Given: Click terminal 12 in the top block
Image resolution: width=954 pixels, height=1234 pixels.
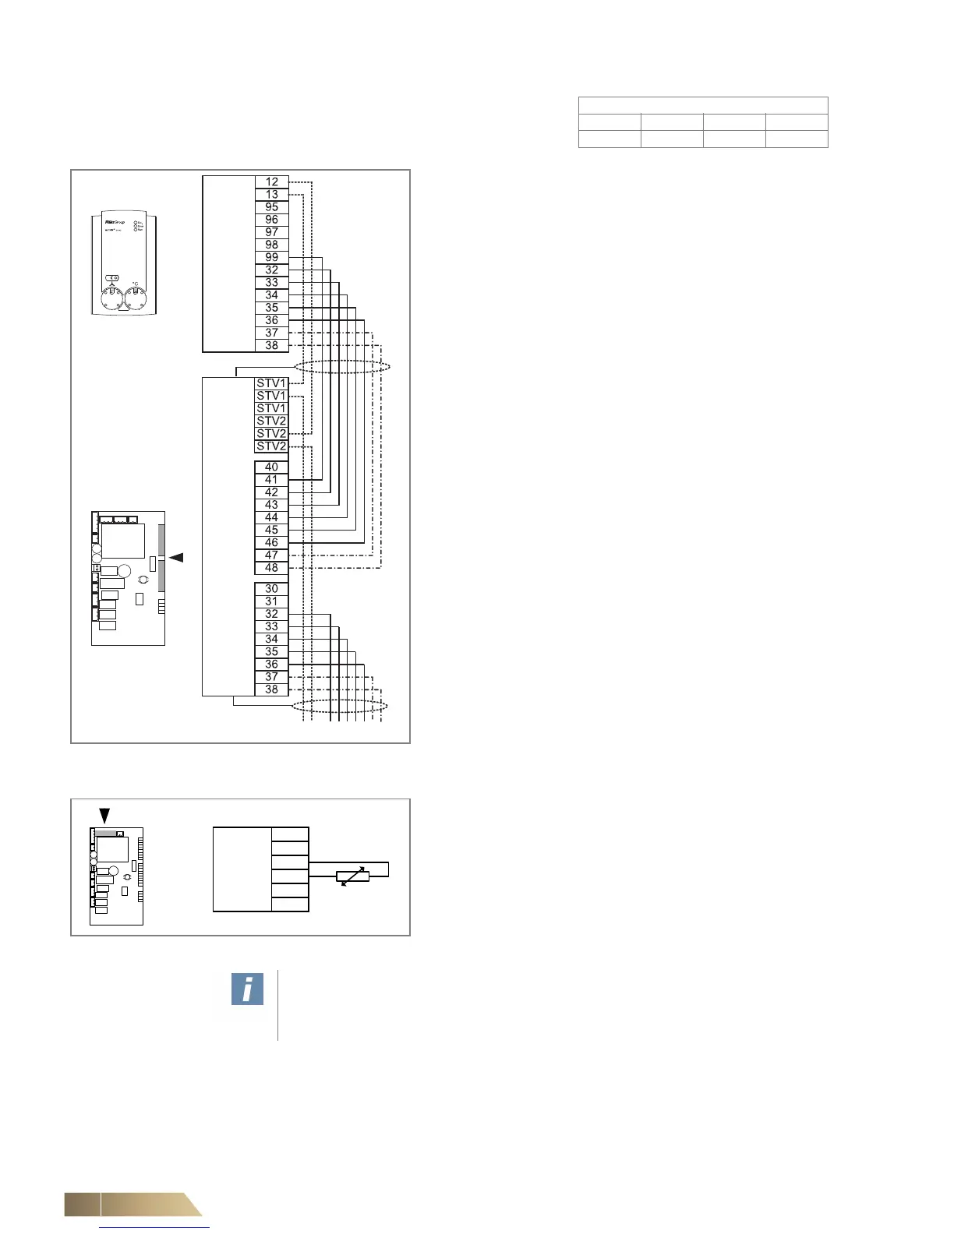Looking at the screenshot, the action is click(271, 182).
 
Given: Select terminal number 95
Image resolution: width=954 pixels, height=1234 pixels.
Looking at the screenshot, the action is click(271, 207).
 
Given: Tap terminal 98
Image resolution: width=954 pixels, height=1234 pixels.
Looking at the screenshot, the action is click(271, 245).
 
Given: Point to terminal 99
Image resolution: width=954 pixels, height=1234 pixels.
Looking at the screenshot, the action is click(271, 257).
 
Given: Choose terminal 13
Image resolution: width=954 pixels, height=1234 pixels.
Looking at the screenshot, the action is click(271, 194).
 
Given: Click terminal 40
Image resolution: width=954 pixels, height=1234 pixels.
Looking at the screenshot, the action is click(271, 467).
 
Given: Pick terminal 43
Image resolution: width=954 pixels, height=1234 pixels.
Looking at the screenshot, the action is click(271, 505).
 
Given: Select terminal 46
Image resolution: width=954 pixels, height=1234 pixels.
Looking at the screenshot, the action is click(271, 542).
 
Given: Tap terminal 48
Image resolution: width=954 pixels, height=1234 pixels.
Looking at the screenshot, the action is click(271, 568).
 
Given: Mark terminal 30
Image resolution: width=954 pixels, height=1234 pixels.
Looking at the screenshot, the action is click(271, 589).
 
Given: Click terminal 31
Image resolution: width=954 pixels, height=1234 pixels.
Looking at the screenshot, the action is click(271, 601).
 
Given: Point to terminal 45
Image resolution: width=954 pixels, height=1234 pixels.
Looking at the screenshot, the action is click(271, 530).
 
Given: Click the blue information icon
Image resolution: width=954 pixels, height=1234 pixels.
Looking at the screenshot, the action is click(247, 989).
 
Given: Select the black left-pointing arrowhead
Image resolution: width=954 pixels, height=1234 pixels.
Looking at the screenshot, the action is click(176, 558).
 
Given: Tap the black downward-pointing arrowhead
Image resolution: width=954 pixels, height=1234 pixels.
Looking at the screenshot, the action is click(104, 816).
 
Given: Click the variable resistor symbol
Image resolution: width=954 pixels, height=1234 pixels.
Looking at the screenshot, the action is click(353, 877).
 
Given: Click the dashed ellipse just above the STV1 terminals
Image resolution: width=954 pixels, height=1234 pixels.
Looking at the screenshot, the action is click(341, 366).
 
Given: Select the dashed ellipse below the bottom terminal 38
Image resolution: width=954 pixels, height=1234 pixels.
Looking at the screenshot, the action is click(339, 706).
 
